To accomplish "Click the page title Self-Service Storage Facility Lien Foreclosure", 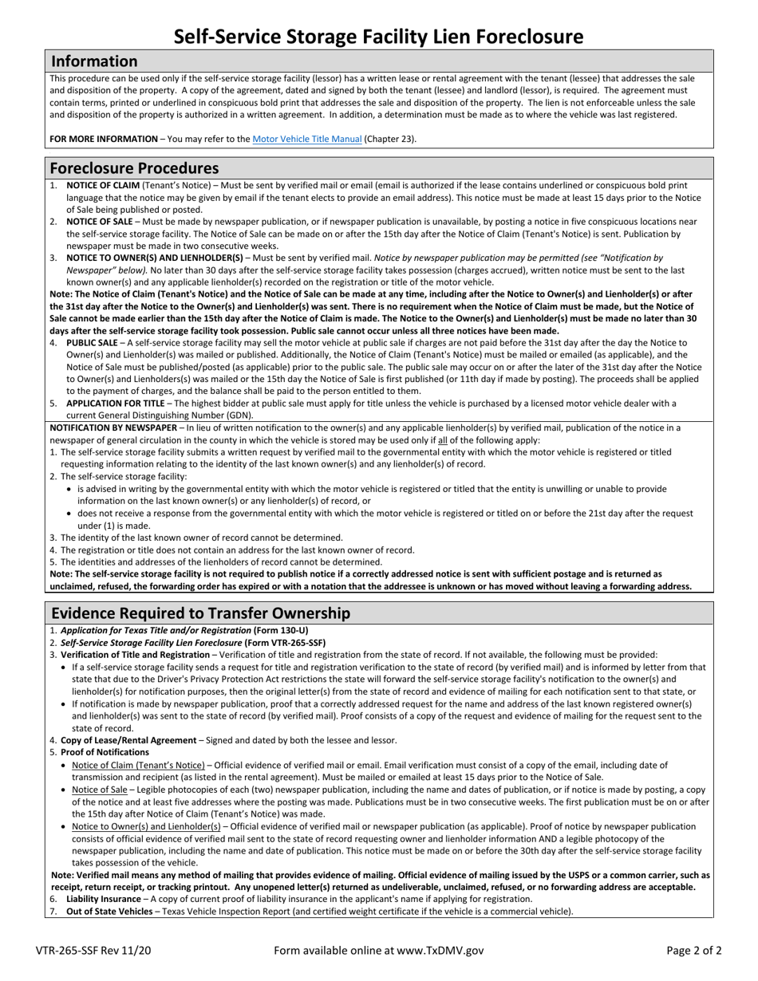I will [x=378, y=36].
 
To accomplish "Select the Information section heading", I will [x=94, y=61].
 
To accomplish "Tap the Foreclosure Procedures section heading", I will [x=134, y=168].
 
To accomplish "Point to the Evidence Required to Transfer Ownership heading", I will [x=200, y=613].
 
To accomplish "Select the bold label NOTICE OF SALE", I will [x=100, y=222].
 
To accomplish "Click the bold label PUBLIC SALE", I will [x=92, y=342].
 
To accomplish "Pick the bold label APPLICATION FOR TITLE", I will [x=117, y=404].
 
